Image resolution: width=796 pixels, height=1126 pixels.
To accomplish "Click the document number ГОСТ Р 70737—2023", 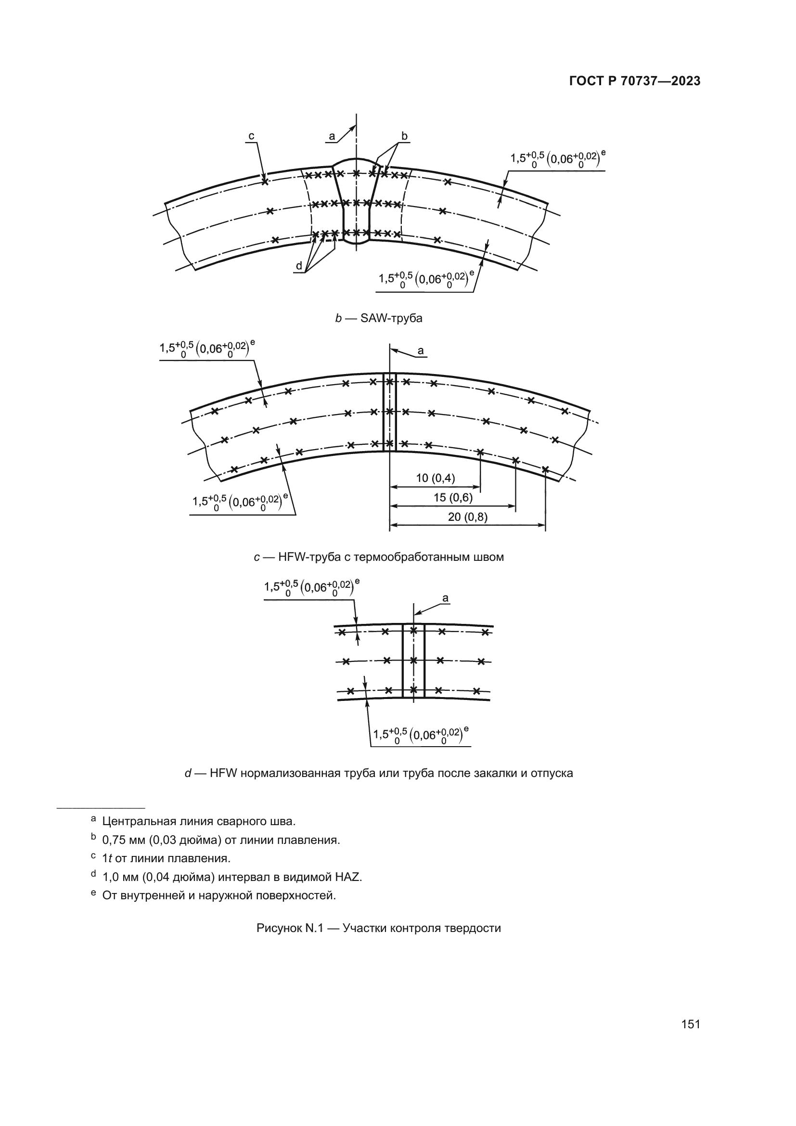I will pos(635,81).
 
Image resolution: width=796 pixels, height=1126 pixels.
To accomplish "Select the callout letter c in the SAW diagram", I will pos(251,136).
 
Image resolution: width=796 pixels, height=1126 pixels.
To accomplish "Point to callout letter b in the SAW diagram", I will pos(404,136).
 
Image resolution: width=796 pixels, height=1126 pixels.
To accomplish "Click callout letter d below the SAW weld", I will pos(298,266).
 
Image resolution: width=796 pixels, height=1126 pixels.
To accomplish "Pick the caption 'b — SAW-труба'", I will pos(378,318).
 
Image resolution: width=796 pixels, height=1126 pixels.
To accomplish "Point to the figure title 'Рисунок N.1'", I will pos(290,928).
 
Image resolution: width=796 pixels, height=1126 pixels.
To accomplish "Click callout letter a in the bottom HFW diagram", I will pos(445,598).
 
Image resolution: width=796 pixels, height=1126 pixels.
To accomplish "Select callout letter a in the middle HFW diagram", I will pos(420,350).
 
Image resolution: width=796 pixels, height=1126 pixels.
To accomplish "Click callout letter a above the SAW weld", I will pos(332,136).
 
